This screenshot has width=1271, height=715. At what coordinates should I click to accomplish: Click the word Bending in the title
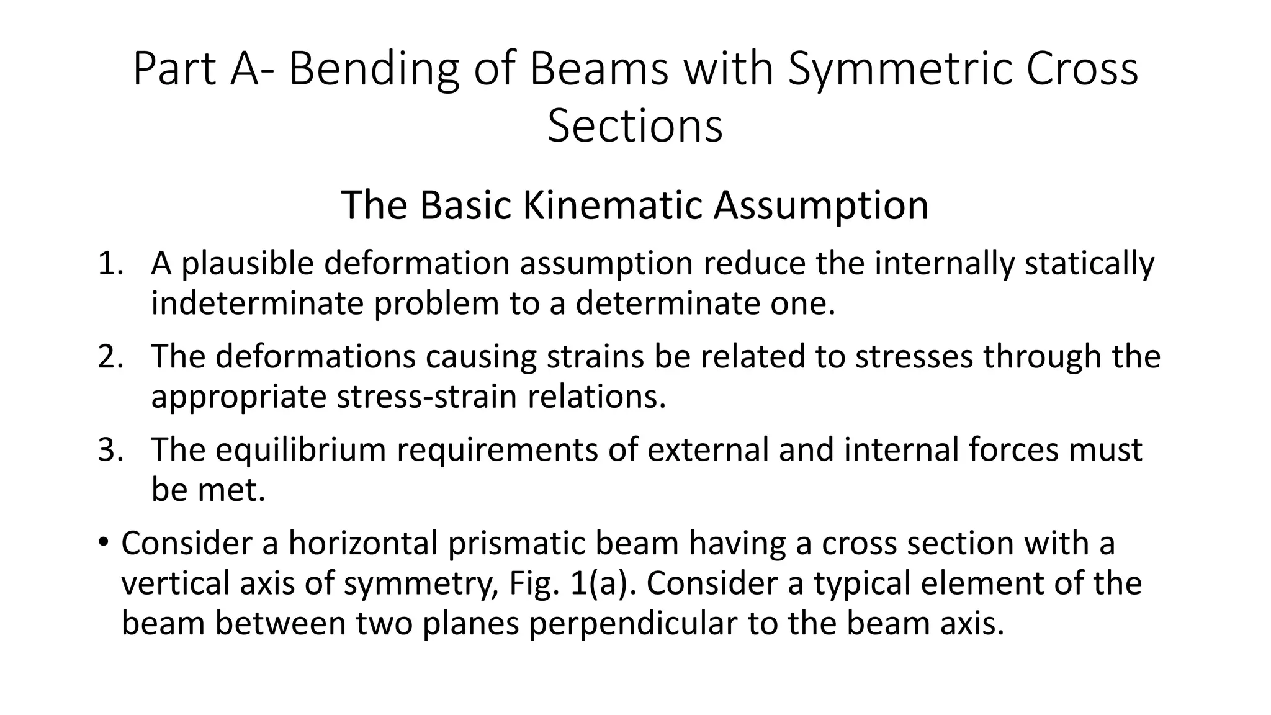[x=374, y=70]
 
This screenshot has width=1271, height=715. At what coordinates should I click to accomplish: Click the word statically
[x=1089, y=264]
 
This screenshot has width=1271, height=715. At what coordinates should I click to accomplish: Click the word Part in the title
[x=174, y=70]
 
